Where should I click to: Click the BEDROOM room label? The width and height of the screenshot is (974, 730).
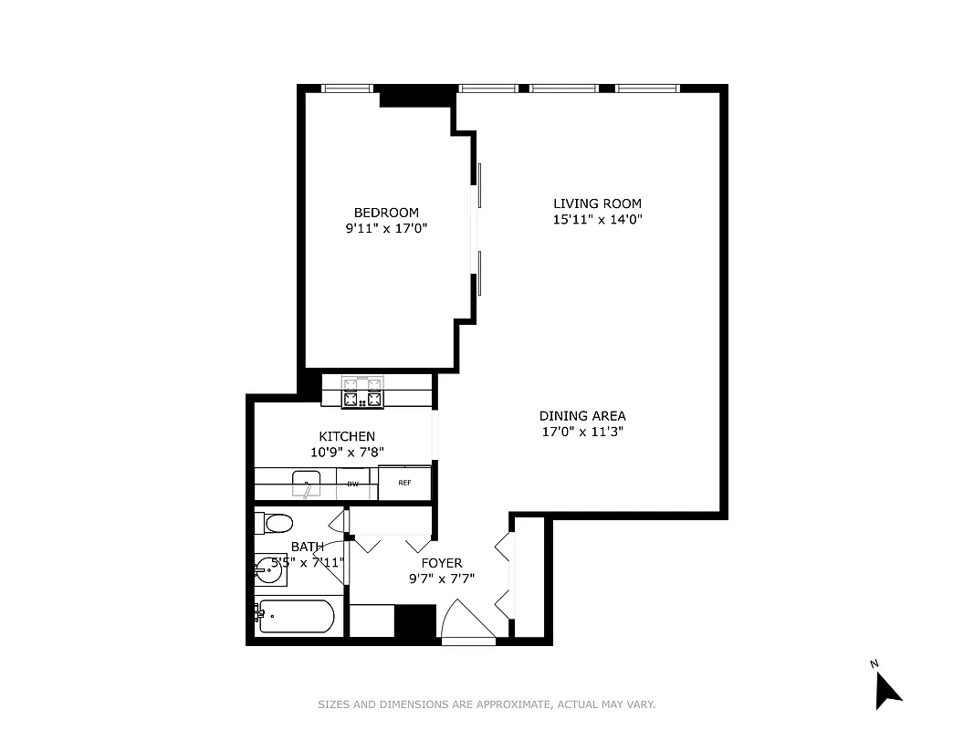386,213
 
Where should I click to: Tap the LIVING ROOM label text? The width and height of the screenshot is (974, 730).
597,203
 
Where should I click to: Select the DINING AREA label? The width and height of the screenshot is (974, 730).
582,416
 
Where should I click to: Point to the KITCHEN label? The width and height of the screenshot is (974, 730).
346,437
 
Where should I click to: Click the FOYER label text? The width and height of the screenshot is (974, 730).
441,563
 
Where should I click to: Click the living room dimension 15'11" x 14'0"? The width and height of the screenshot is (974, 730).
597,219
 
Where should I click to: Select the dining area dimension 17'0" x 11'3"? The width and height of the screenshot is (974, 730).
582,432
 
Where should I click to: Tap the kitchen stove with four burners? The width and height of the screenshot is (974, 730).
362,391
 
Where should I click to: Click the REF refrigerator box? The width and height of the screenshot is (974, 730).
403,484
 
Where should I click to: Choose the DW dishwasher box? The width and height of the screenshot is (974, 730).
352,484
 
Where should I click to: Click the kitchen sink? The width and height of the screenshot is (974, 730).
308,483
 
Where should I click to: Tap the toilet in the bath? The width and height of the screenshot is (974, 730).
274,524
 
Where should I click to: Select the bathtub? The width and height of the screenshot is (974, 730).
296,618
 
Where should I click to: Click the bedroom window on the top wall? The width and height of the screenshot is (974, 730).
348,89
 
